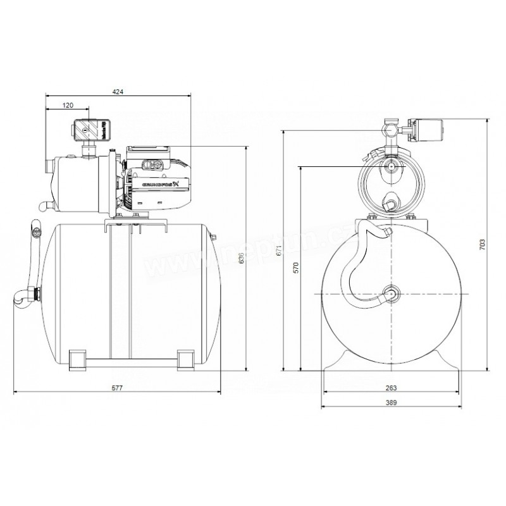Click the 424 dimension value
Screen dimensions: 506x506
[118, 92]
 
